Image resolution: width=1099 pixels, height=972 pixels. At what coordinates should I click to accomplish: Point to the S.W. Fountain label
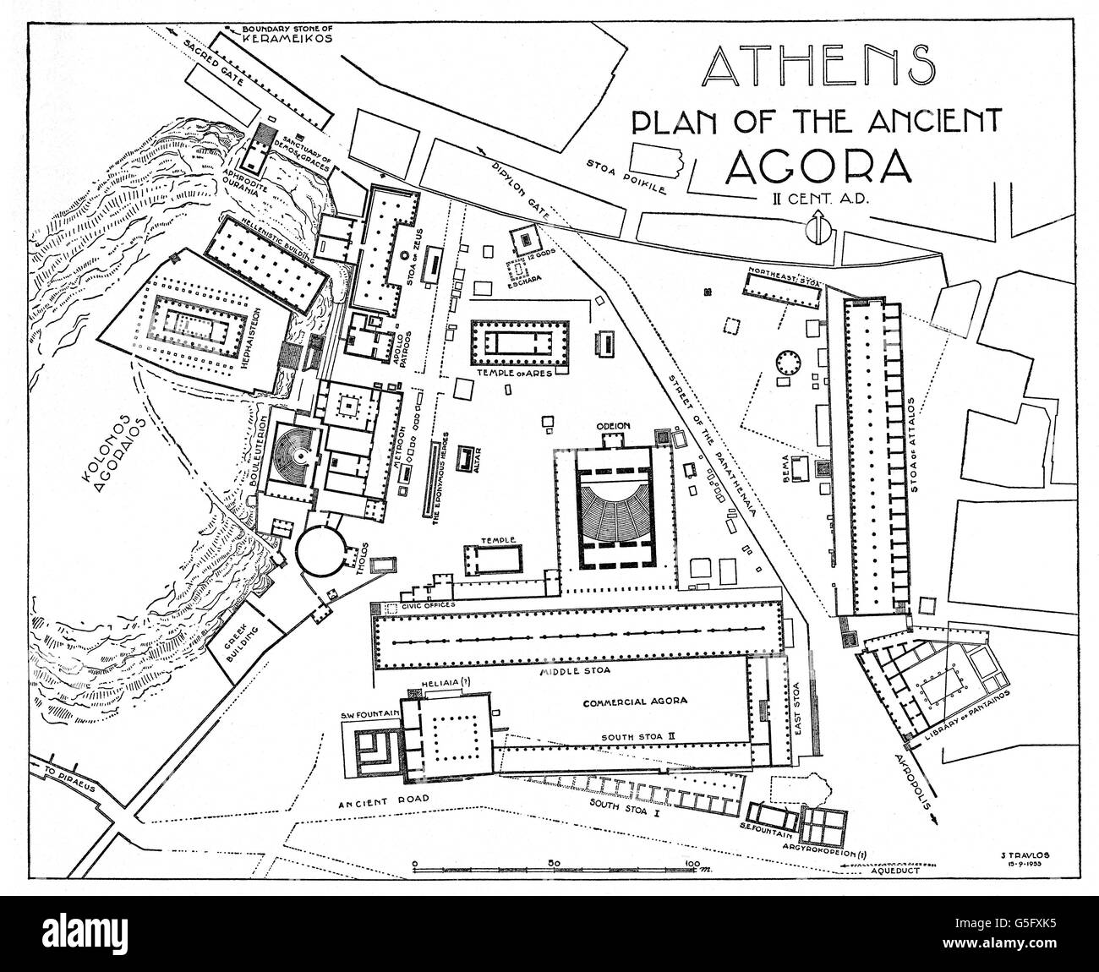click(369, 714)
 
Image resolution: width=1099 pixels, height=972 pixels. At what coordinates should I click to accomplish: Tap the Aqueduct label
click(899, 876)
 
